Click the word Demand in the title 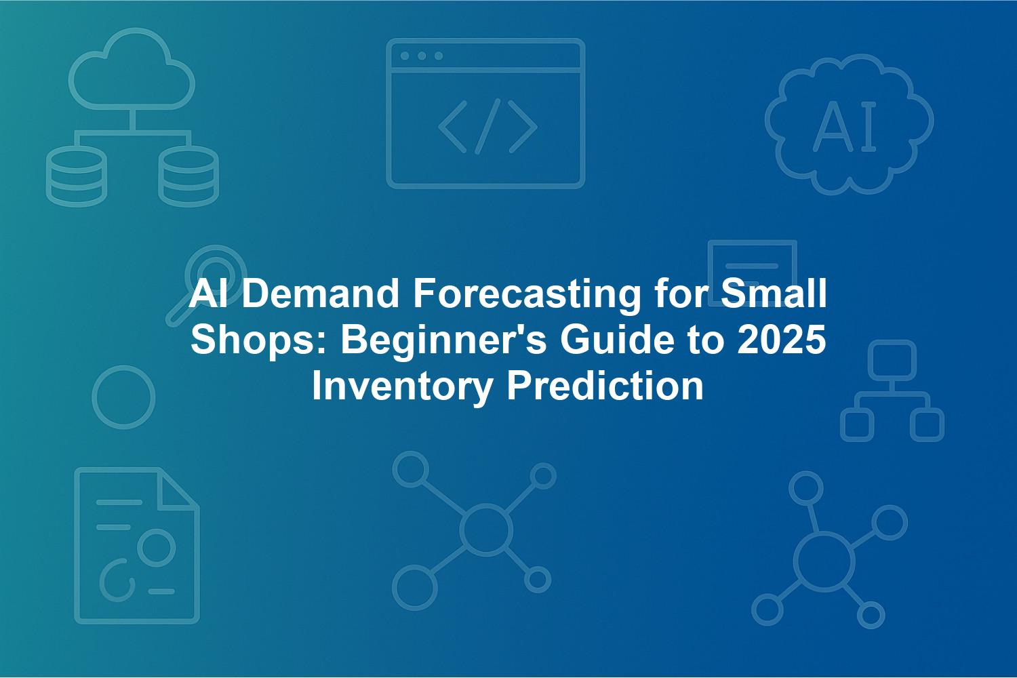coord(321,294)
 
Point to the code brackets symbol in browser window coord(487,126)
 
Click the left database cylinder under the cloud coord(76,177)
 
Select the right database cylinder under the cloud coord(188,177)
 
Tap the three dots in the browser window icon coord(422,56)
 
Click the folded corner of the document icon coord(178,490)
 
